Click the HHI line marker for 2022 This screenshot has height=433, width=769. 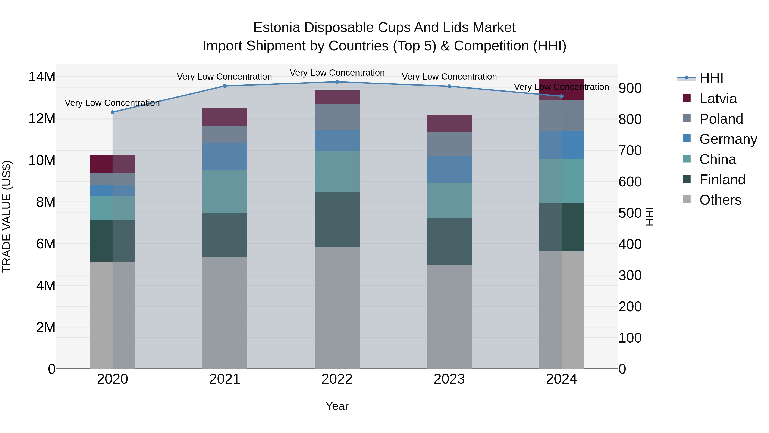pyautogui.click(x=337, y=82)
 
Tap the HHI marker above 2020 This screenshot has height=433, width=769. pyautogui.click(x=113, y=112)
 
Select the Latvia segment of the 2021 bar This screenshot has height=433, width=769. pyautogui.click(x=225, y=117)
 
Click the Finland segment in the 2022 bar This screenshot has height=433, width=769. pyautogui.click(x=337, y=220)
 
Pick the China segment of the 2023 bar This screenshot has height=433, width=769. pyautogui.click(x=449, y=201)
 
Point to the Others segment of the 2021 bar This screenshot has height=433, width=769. pyautogui.click(x=225, y=313)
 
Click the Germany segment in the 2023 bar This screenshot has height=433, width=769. pyautogui.click(x=449, y=169)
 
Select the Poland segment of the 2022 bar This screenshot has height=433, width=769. pyautogui.click(x=337, y=117)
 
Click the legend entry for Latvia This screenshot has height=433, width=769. pyautogui.click(x=718, y=99)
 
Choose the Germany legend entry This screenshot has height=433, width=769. pyautogui.click(x=728, y=139)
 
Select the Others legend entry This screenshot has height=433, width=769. pyautogui.click(x=720, y=200)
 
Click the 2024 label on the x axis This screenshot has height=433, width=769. pyautogui.click(x=561, y=379)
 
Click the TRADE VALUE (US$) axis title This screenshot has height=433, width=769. pyautogui.click(x=7, y=216)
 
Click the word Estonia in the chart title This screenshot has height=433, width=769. pyautogui.click(x=276, y=28)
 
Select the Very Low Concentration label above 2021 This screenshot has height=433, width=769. pyautogui.click(x=224, y=77)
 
